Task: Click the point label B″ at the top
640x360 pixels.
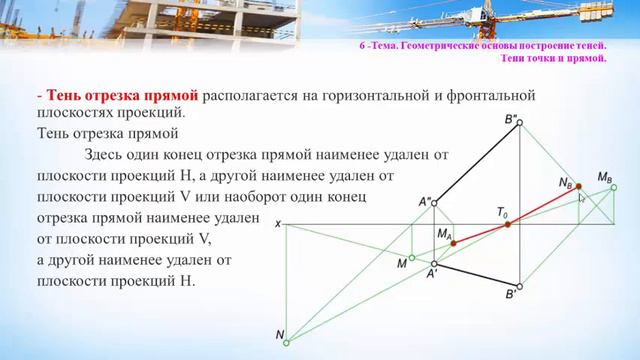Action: tap(510, 121)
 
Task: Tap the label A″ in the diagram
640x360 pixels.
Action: tap(425, 202)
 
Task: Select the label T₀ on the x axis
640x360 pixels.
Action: tap(502, 213)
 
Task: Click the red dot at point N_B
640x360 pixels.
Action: tap(579, 187)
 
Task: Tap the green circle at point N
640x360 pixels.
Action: tap(286, 342)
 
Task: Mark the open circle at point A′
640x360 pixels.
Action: tap(434, 262)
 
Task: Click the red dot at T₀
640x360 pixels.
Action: tap(507, 224)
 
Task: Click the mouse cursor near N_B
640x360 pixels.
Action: tap(583, 198)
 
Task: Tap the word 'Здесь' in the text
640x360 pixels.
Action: tap(107, 154)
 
